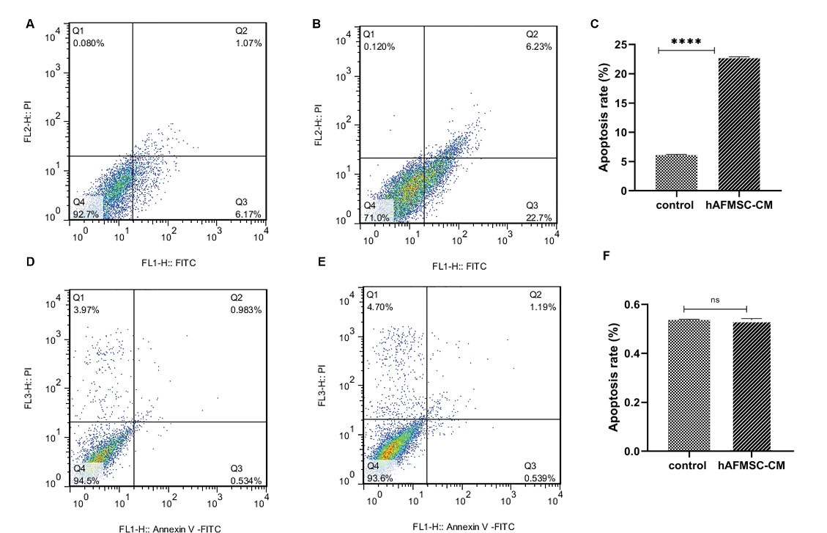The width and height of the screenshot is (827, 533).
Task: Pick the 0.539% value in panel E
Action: [x=540, y=478]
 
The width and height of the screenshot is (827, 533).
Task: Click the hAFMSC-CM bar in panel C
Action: [x=738, y=125]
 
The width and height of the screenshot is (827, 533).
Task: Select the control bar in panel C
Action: [x=676, y=173]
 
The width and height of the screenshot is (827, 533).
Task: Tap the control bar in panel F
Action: [x=689, y=385]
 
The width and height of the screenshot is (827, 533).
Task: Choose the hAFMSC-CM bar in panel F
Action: [x=751, y=386]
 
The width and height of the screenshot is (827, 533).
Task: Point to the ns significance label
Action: [x=714, y=300]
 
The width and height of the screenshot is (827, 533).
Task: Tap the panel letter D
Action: [x=30, y=261]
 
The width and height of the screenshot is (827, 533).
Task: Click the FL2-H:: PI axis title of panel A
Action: [x=28, y=120]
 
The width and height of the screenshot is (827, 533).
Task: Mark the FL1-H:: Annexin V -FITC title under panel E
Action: [x=464, y=526]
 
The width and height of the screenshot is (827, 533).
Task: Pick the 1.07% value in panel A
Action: [x=248, y=43]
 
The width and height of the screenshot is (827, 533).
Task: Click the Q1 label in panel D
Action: [x=78, y=298]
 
